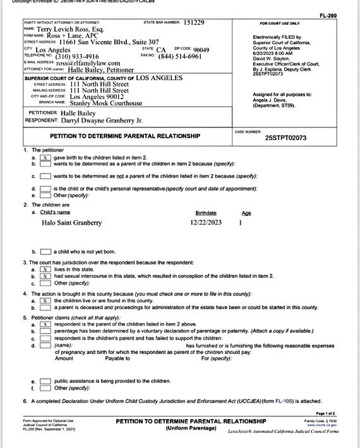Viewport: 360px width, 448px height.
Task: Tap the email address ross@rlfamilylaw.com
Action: (88, 63)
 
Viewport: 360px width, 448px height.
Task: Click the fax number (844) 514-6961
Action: (180, 56)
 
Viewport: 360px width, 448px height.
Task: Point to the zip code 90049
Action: (200, 49)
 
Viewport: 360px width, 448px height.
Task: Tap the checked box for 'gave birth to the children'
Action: (45, 157)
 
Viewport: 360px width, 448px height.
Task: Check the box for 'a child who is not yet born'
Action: (45, 252)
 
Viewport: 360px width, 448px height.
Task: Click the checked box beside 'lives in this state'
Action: (45, 269)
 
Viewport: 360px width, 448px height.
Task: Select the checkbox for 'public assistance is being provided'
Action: (45, 381)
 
